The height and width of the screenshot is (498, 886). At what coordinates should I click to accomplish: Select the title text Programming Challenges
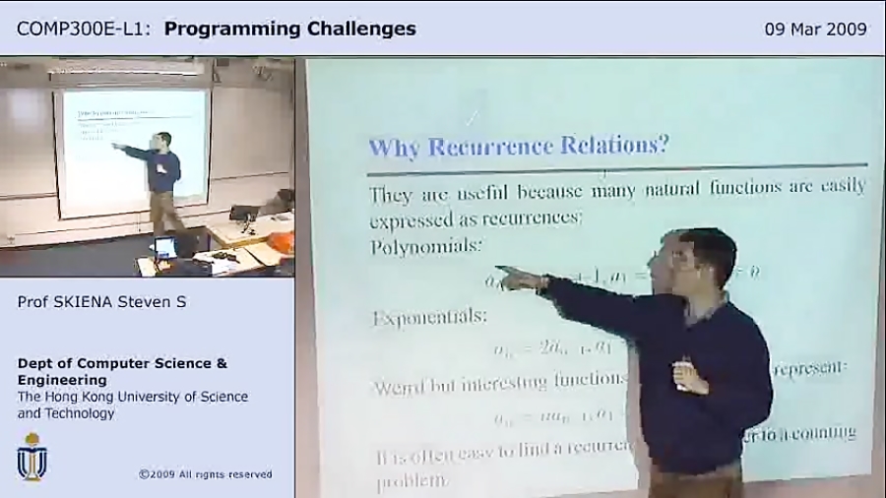click(x=289, y=29)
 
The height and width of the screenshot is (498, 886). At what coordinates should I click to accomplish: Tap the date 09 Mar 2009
click(x=815, y=29)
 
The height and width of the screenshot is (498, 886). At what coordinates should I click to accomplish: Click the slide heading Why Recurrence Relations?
click(x=518, y=147)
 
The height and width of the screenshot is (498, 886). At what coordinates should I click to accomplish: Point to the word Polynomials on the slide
click(x=426, y=246)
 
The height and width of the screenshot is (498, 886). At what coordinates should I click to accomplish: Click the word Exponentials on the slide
click(x=429, y=317)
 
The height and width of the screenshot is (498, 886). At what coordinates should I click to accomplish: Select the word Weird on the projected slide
click(x=401, y=385)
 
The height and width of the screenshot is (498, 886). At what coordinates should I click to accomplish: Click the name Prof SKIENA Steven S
click(x=101, y=302)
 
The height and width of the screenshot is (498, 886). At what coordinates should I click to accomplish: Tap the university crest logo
click(x=32, y=457)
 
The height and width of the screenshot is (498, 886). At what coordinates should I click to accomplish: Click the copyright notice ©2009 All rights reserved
click(x=205, y=474)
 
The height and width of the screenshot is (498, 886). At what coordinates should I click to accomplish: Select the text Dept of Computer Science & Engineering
click(x=122, y=371)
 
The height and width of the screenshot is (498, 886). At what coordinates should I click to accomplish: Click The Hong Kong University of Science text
click(x=132, y=397)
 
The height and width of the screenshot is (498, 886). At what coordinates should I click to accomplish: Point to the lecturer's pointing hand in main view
click(x=518, y=279)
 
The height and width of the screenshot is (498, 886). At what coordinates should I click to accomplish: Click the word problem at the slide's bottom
click(x=411, y=482)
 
